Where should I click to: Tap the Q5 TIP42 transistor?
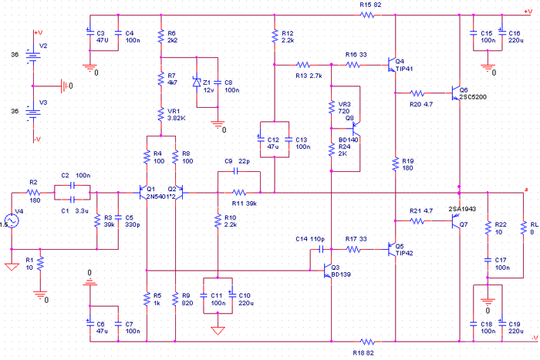coord(392,249)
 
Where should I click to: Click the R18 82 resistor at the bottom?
coord(369,340)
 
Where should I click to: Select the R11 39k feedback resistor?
coord(240,193)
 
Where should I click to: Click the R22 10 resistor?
coord(488,228)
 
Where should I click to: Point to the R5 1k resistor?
coord(146,297)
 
